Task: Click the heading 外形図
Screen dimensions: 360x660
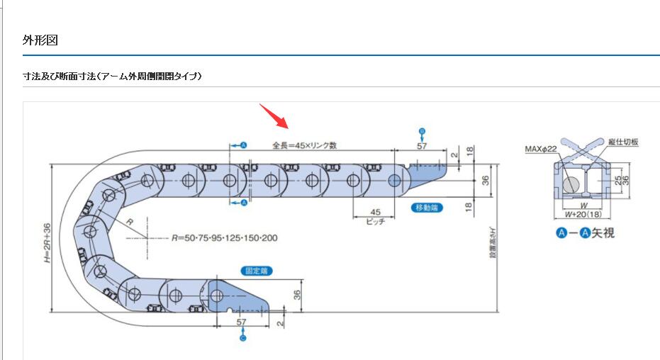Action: [x=40, y=40]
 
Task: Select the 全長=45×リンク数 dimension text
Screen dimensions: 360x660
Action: [x=304, y=145]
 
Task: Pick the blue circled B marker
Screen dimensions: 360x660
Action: [x=422, y=131]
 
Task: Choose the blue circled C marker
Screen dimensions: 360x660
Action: [x=242, y=339]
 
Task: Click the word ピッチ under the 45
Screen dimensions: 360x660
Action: [x=375, y=221]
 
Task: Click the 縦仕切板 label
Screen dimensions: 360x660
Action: [x=623, y=142]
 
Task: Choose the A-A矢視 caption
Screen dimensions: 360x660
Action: [x=585, y=232]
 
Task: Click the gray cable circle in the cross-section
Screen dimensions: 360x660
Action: [x=571, y=184]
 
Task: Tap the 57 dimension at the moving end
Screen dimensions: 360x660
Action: [x=422, y=146]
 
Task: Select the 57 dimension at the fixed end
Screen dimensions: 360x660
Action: [x=242, y=322]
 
